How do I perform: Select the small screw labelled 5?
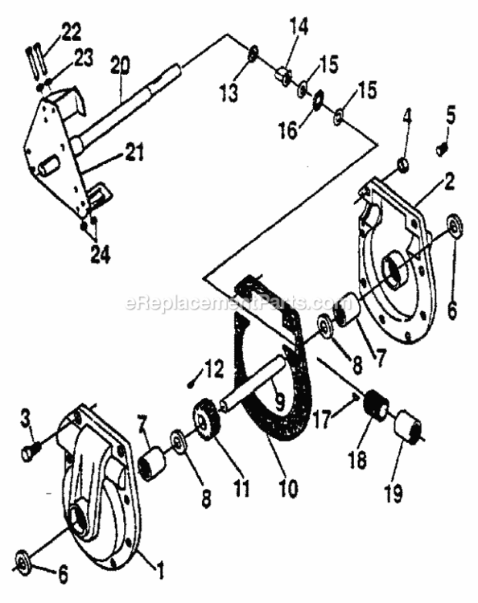tap(440, 149)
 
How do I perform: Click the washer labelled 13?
tap(252, 53)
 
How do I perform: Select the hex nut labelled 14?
tap(282, 76)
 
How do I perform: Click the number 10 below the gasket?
tap(266, 487)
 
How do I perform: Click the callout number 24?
tap(100, 256)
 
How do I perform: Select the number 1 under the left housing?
tap(159, 572)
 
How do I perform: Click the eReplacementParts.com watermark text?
tap(234, 303)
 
